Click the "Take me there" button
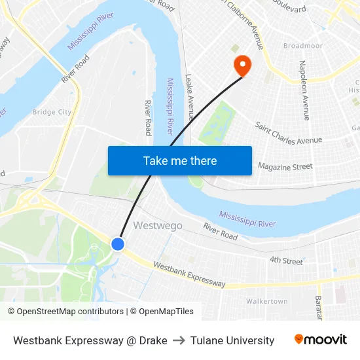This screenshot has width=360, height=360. (x=179, y=160)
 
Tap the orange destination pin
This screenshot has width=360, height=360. (x=242, y=65)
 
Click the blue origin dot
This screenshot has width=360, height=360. (x=118, y=244)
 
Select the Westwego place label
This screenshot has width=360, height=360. (x=158, y=225)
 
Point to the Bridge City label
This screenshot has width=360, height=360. (x=52, y=112)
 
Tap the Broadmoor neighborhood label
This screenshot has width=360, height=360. (x=302, y=46)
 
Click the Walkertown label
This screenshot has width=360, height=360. (x=266, y=301)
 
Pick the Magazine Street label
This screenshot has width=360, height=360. (x=285, y=167)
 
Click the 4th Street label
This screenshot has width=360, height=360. (x=286, y=261)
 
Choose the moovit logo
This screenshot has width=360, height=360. (x=320, y=340)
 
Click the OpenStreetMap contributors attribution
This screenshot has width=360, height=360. (x=65, y=312)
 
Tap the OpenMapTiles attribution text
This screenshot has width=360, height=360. (x=162, y=312)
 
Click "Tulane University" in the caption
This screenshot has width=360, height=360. (x=232, y=340)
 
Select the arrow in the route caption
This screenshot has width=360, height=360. (x=179, y=340)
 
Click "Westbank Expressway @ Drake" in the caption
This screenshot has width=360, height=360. (x=90, y=340)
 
